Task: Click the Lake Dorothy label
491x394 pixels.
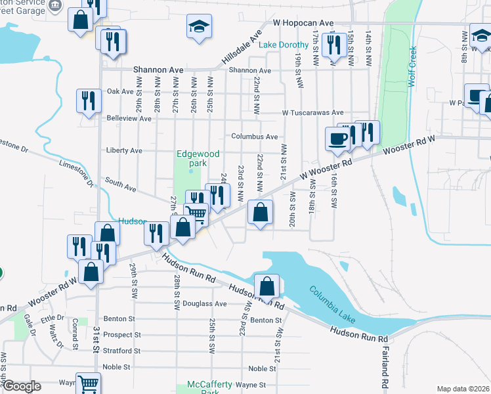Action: click(283, 45)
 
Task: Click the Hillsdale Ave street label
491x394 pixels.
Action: click(242, 47)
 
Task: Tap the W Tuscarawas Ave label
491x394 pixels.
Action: click(312, 113)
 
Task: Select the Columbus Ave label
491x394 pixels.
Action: click(254, 137)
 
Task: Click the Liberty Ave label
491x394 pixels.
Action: click(124, 150)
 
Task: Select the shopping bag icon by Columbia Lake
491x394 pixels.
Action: click(267, 286)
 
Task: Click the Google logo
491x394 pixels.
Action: click(21, 386)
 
